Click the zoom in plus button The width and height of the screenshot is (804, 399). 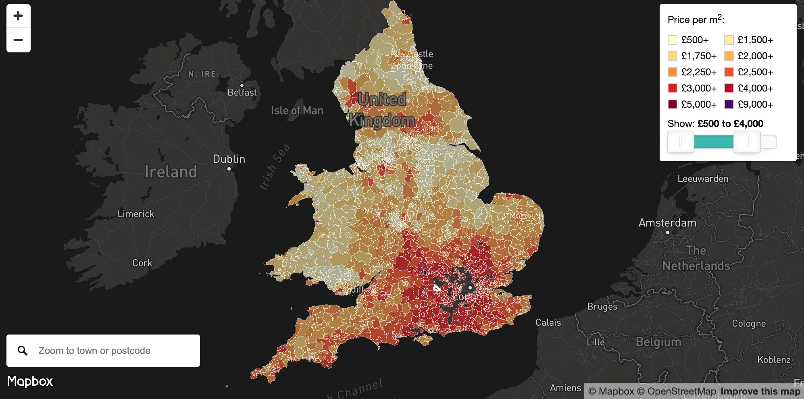point(18,16)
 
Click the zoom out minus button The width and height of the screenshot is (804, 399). point(18,40)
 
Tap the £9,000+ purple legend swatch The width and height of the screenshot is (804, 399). point(729,104)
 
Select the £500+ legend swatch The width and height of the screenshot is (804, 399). point(672,40)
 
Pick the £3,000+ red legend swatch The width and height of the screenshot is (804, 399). point(672,88)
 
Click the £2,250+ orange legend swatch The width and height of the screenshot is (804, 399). point(672,72)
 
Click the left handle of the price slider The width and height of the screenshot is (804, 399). point(680,142)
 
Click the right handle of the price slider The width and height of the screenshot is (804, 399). point(747,142)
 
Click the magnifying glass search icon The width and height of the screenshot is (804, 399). point(23,351)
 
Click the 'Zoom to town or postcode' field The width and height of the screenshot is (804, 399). point(113,351)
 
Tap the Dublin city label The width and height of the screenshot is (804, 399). point(229,159)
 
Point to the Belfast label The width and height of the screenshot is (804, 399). point(242,92)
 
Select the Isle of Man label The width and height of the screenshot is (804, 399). point(297,110)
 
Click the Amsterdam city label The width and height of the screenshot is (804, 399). point(667,223)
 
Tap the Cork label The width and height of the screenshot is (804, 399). point(142,263)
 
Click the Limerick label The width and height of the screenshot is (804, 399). point(136,214)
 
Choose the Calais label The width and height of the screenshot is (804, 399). point(548,322)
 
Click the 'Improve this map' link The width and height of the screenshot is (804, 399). point(760,391)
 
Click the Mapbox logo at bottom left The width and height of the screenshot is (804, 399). point(30,381)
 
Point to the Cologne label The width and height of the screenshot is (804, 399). point(749,324)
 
